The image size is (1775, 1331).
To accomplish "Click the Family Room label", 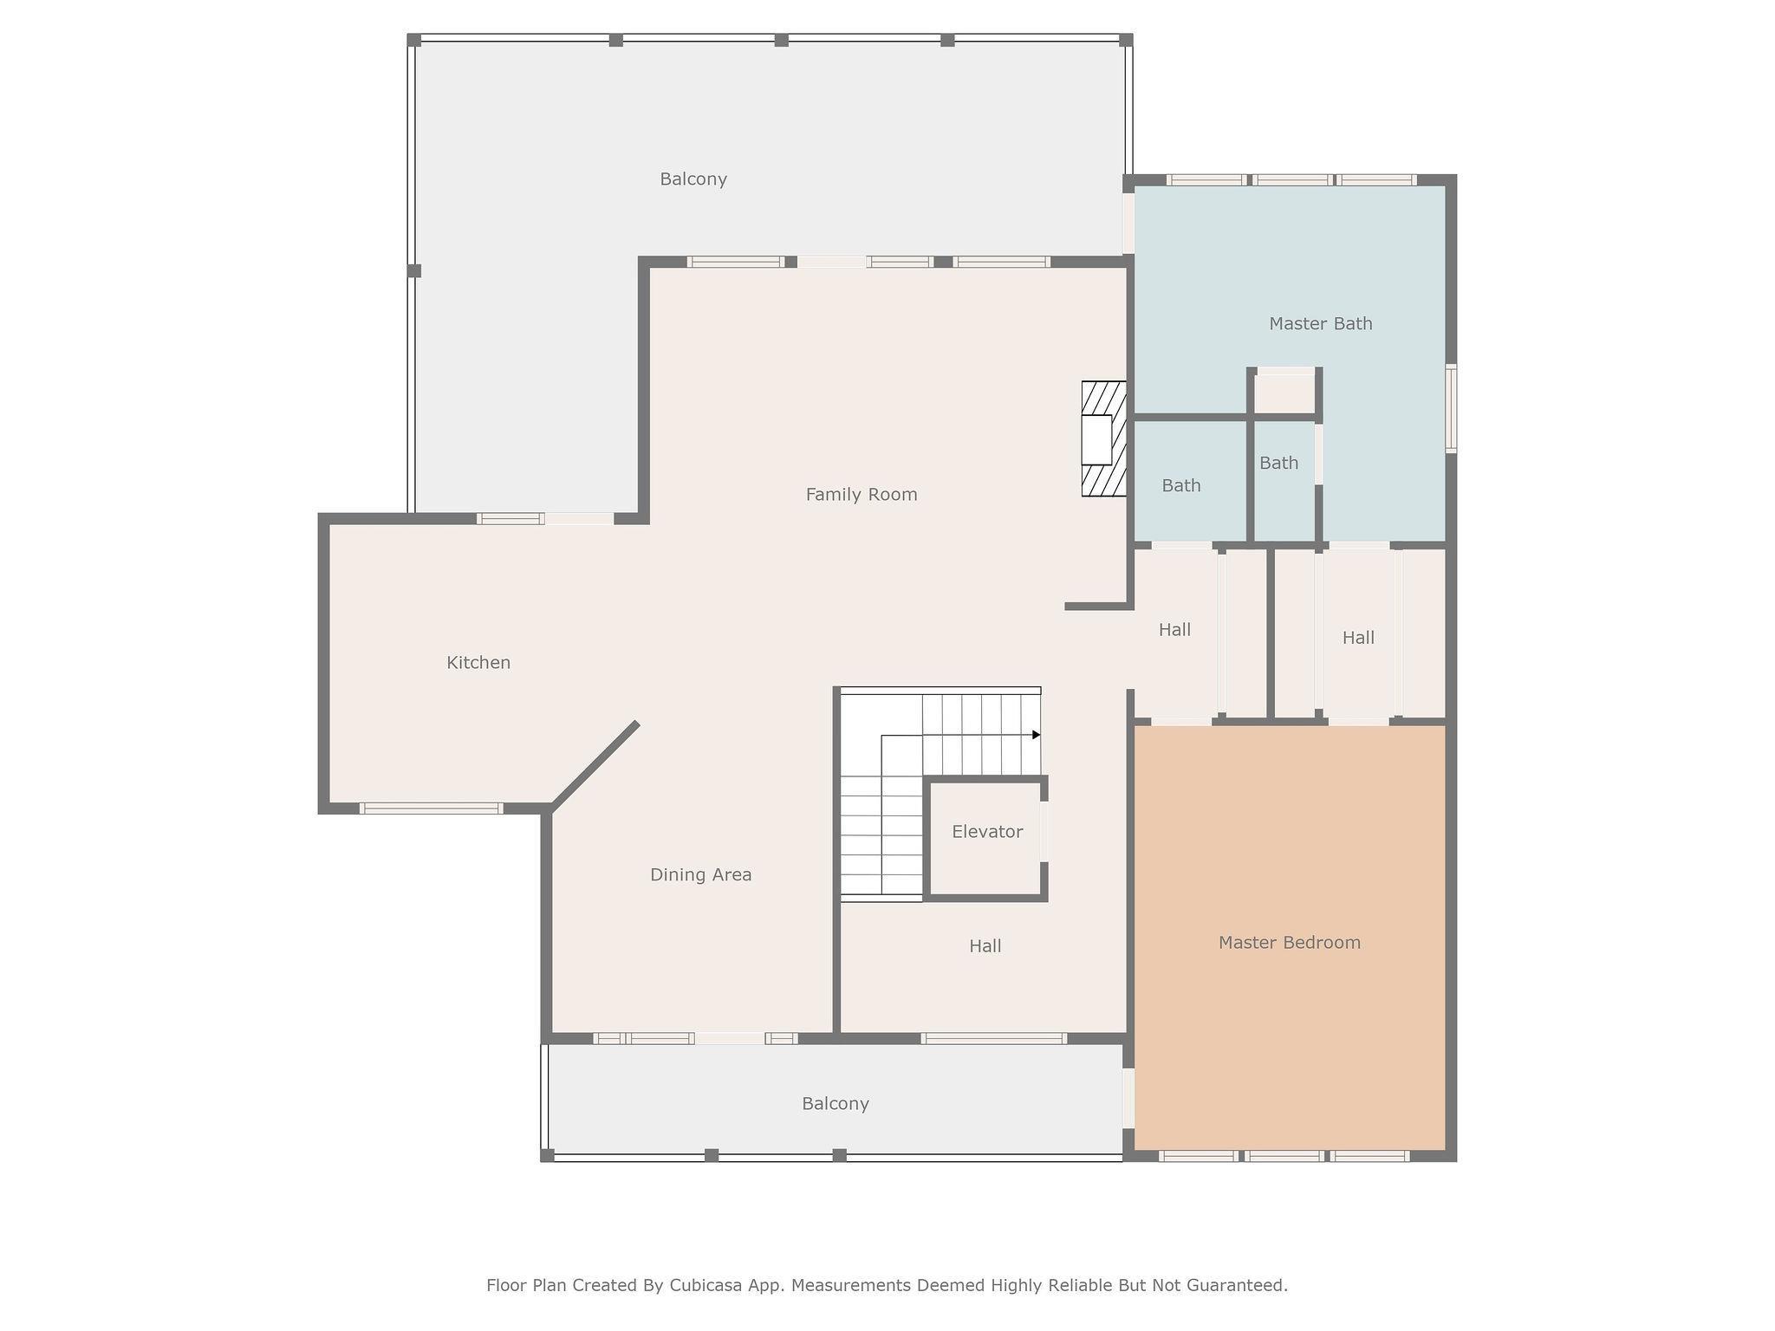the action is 861,495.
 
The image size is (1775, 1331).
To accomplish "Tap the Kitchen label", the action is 478,663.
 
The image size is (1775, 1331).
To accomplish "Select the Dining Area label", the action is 701,875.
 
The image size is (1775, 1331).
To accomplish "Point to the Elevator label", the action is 987,832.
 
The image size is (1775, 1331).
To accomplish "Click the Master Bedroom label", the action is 1290,943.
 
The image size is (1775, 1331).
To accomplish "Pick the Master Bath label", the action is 1321,324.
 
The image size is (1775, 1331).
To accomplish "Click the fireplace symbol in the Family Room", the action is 1104,439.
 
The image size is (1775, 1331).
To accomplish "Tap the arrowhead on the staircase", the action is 1037,735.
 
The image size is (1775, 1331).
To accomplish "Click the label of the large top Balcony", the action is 693,179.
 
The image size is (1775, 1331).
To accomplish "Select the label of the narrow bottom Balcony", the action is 835,1104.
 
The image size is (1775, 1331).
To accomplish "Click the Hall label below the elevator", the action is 985,946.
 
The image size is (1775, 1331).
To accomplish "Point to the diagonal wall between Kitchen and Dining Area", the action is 595,766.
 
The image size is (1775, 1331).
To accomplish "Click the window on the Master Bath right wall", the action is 1451,408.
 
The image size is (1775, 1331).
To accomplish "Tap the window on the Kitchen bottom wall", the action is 431,808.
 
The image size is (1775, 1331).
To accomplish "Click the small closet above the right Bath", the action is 1285,394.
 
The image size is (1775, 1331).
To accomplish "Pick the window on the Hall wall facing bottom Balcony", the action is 993,1038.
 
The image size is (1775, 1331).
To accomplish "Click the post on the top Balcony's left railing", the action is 414,270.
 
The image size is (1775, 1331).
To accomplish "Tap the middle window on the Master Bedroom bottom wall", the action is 1284,1156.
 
